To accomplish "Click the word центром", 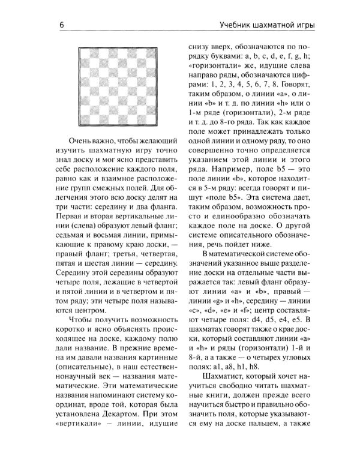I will [89, 311].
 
